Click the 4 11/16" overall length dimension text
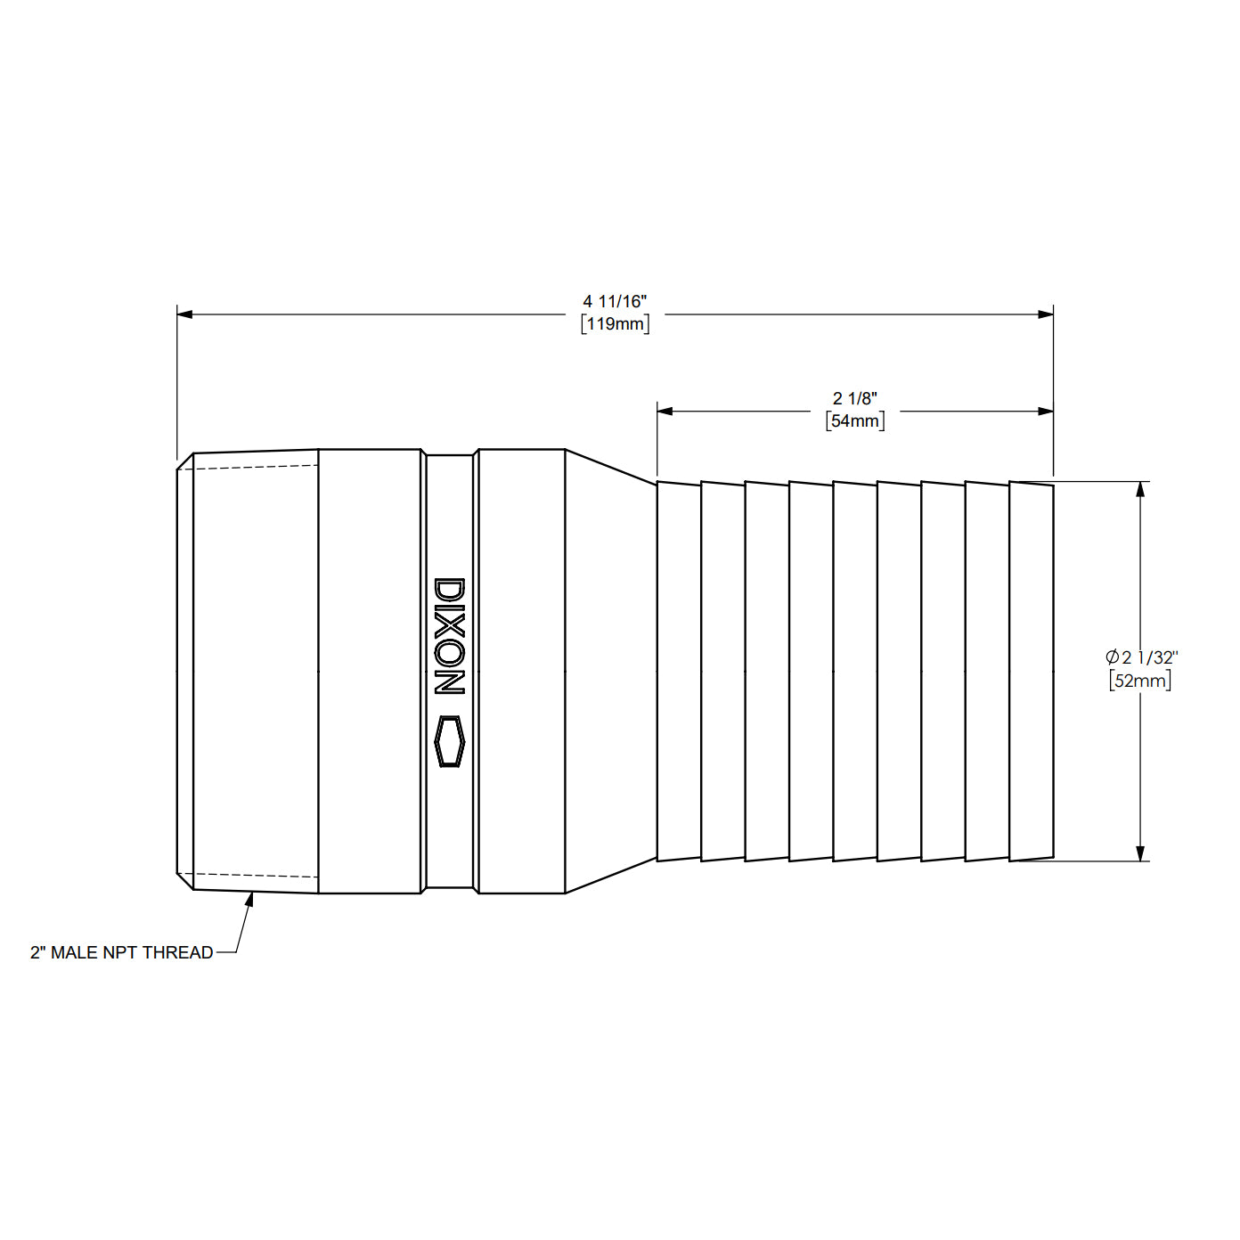pos(615,302)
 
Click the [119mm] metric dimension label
pos(615,324)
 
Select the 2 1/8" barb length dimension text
pos(854,398)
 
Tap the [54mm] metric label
pos(854,420)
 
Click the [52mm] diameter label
pos(1140,681)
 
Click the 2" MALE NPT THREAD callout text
pos(122,952)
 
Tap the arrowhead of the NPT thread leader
pos(250,898)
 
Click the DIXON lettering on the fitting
pos(449,636)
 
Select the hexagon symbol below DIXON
pos(449,741)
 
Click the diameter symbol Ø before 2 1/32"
pos(1112,657)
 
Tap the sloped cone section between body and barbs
pos(611,671)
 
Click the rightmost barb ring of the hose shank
pos(1032,671)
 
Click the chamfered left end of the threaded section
pos(185,671)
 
